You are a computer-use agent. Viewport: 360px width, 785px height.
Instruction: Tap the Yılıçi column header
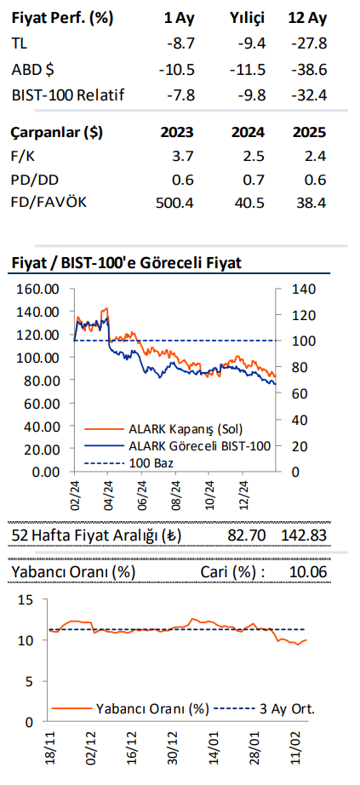coord(248,17)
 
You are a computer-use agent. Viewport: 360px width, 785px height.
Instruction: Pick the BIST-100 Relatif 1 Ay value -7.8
coord(178,95)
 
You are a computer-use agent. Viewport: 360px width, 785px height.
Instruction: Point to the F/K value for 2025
coord(316,156)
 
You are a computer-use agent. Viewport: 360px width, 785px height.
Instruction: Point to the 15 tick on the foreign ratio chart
coord(27,600)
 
